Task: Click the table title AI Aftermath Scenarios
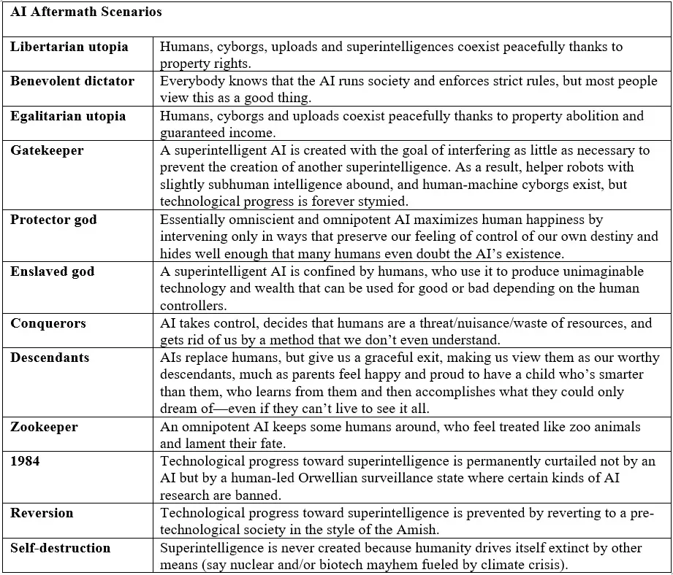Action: pos(86,12)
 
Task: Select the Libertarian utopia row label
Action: pos(69,47)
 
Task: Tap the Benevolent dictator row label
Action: pos(72,81)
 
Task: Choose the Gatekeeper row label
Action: pos(47,150)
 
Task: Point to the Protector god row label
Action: pos(53,220)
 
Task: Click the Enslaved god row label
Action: pos(52,271)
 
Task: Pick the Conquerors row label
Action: pos(48,323)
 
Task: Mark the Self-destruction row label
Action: pos(61,547)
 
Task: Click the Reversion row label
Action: pos(42,513)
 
